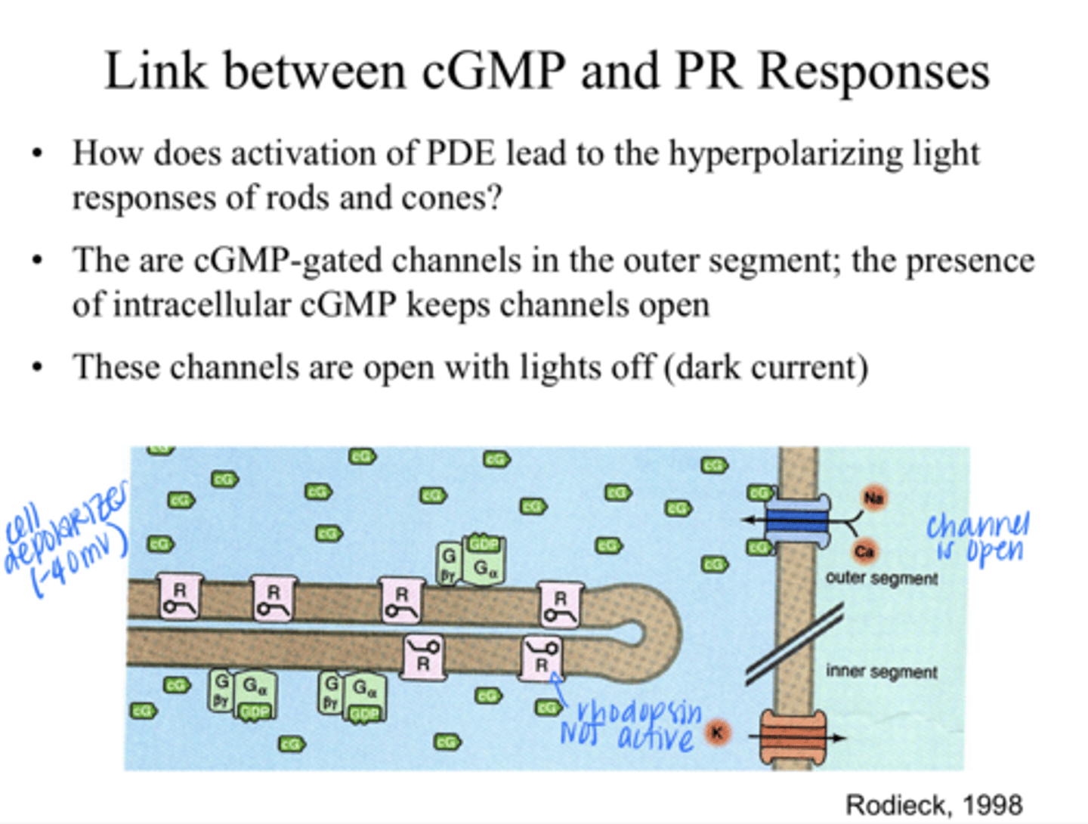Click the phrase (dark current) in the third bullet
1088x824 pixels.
click(x=766, y=368)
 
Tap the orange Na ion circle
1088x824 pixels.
click(x=874, y=498)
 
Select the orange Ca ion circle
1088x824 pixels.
click(x=864, y=551)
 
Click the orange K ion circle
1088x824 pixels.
click(x=717, y=732)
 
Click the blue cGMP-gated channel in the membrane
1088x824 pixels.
click(x=797, y=520)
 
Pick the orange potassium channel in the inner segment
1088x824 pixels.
click(x=793, y=737)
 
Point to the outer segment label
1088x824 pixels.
click(x=882, y=579)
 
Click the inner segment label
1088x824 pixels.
click(x=882, y=671)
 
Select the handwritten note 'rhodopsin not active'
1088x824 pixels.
click(x=631, y=725)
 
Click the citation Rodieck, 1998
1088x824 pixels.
click(x=934, y=805)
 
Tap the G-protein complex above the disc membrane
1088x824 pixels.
click(x=470, y=561)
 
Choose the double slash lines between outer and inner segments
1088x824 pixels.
click(x=793, y=644)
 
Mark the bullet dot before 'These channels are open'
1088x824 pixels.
click(x=36, y=368)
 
